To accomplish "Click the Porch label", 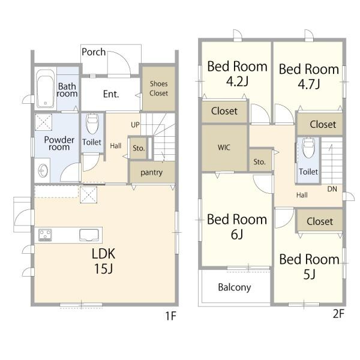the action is point(94,52).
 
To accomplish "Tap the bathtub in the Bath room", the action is point(46,89).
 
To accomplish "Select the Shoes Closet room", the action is point(158,88).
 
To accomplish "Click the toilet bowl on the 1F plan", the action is point(92,124).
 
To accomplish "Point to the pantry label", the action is point(152,172).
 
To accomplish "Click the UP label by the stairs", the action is point(135,125).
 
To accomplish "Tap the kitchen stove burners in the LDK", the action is point(45,235).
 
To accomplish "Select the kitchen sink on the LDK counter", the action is point(89,235).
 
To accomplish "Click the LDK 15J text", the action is point(104,261).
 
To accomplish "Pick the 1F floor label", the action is point(170,316).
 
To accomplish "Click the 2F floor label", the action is point(338,314).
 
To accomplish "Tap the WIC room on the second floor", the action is point(224,148).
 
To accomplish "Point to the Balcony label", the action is point(235,287).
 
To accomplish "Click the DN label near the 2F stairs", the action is point(332,189).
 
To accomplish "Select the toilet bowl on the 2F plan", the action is point(308,148).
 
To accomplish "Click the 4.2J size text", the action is point(237,82).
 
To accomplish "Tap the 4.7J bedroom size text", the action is point(309,84).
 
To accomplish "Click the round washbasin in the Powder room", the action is point(43,171).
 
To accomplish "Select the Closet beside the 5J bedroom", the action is point(320,221).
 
